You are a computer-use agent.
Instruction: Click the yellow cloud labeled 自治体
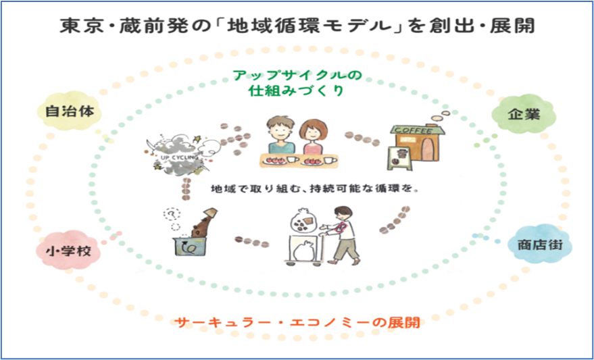[68, 111]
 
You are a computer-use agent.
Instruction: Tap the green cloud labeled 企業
[524, 114]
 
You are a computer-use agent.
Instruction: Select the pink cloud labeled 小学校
[68, 251]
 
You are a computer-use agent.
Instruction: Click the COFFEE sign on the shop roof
[414, 130]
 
